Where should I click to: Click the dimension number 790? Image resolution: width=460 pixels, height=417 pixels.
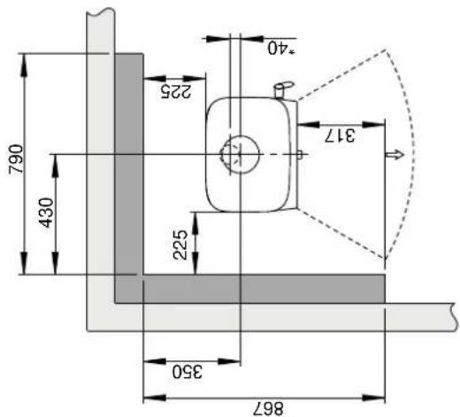click(x=16, y=158)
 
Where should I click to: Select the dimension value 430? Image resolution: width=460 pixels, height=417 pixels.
click(x=47, y=212)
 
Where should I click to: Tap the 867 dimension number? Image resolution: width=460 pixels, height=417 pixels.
click(x=268, y=409)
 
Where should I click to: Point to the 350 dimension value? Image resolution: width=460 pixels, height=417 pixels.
click(x=188, y=372)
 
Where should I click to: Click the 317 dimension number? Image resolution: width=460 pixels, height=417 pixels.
click(x=340, y=135)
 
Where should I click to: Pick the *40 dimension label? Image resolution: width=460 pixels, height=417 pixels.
click(x=281, y=48)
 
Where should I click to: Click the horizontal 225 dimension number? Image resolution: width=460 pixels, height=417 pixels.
click(x=176, y=91)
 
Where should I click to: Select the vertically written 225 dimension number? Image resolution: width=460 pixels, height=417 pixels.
click(x=180, y=245)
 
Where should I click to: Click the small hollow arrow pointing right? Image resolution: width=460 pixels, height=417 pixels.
click(x=395, y=154)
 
